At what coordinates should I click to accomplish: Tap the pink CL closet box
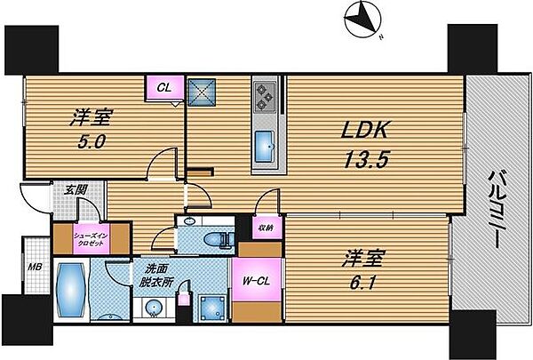coord(164,88)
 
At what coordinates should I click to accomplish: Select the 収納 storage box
coord(266,227)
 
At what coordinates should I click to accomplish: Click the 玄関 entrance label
coord(62,189)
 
